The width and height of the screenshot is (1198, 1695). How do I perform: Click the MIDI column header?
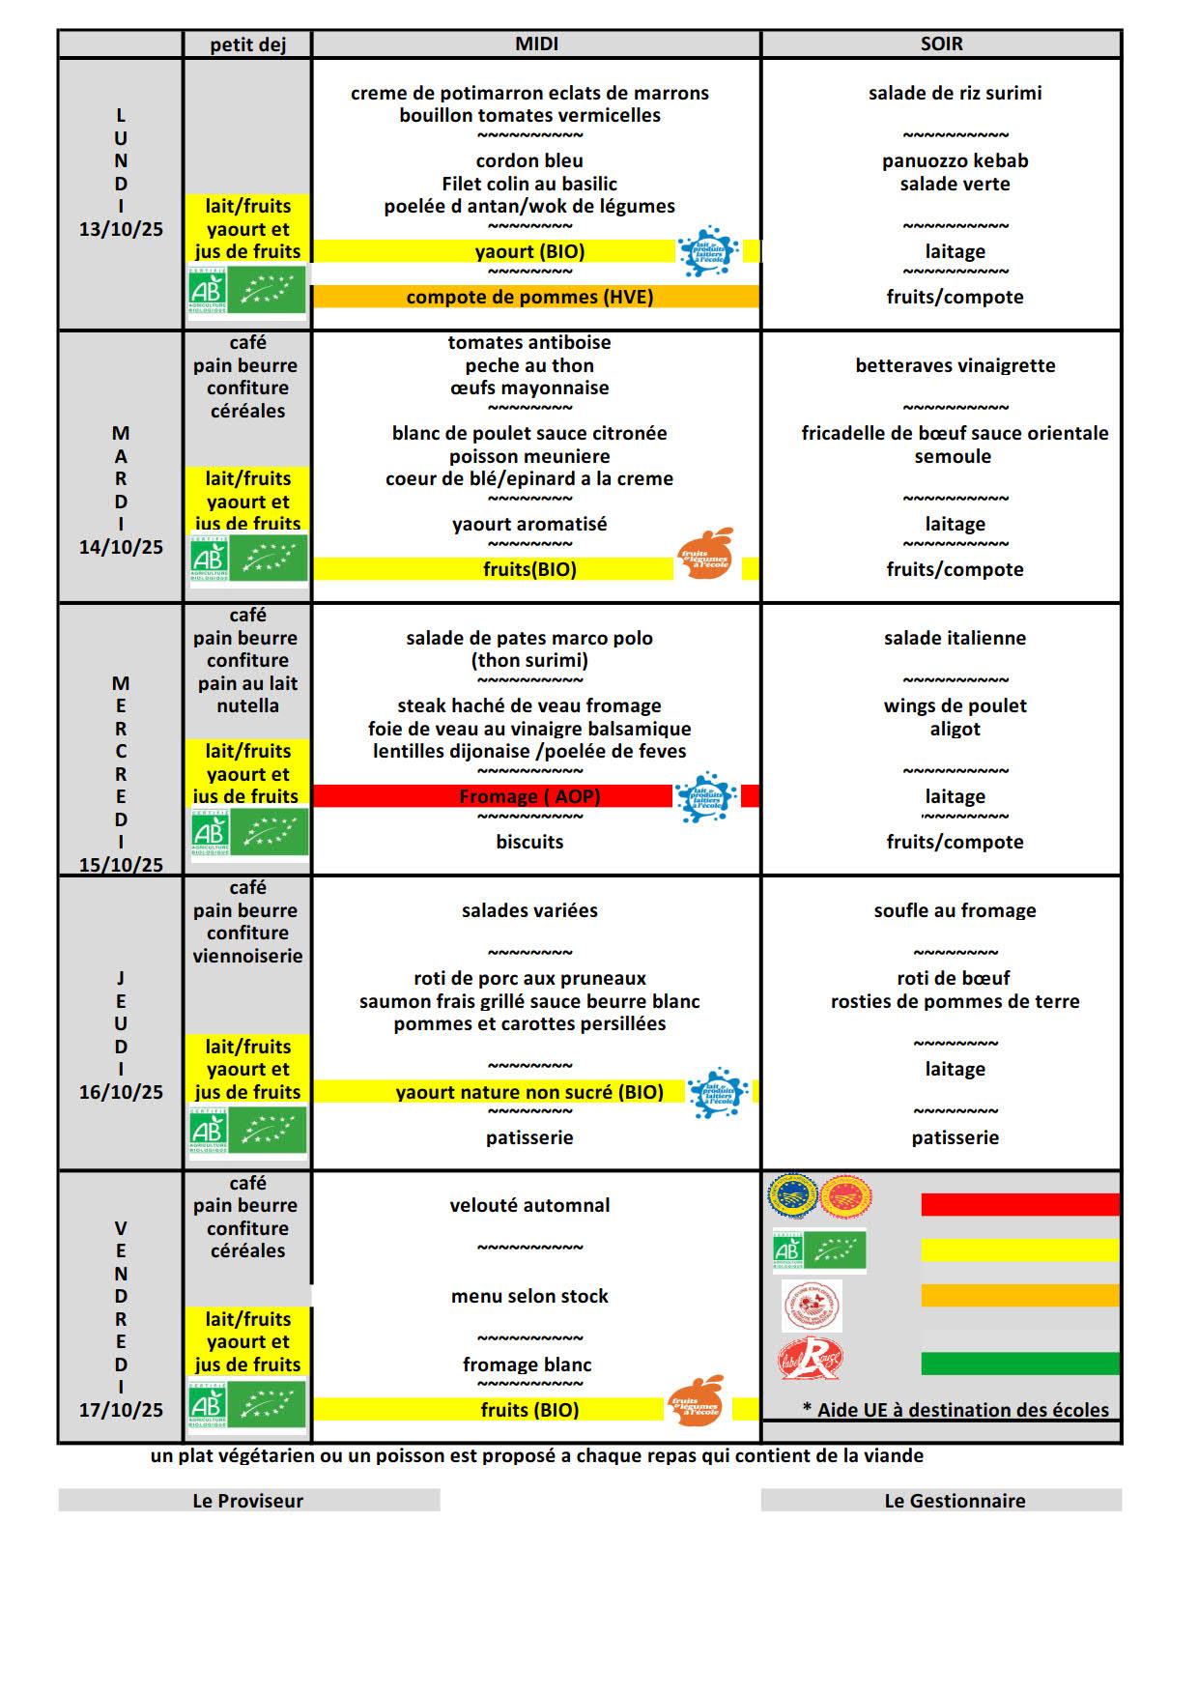(536, 43)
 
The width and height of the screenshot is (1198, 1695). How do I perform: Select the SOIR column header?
(941, 43)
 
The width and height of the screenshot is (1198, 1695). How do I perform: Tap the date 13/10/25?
(121, 229)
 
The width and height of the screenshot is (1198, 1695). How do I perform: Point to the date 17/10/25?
(121, 1410)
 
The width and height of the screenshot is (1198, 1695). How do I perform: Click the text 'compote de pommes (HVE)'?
(529, 297)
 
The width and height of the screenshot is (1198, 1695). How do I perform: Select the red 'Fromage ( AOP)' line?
(529, 796)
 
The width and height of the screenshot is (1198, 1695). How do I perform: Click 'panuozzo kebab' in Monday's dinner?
(955, 160)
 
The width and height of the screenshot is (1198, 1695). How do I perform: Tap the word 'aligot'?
(955, 729)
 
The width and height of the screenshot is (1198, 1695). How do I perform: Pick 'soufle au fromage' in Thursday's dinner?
(955, 910)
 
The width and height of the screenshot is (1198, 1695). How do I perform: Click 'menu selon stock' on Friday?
(529, 1296)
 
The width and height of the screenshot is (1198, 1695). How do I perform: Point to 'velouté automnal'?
(529, 1205)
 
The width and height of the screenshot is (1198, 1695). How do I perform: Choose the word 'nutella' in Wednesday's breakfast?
(247, 705)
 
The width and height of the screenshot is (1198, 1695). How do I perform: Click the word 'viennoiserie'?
(247, 956)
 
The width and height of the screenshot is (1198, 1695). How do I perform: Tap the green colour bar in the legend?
(1019, 1364)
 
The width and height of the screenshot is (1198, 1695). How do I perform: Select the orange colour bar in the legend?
(1019, 1295)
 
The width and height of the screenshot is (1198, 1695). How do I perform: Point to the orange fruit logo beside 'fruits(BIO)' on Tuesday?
(706, 555)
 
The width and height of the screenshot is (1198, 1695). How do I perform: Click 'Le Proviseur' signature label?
(247, 1501)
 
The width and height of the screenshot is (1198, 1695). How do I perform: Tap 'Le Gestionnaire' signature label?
(955, 1501)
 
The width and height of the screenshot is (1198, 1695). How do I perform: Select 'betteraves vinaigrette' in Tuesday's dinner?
(955, 365)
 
